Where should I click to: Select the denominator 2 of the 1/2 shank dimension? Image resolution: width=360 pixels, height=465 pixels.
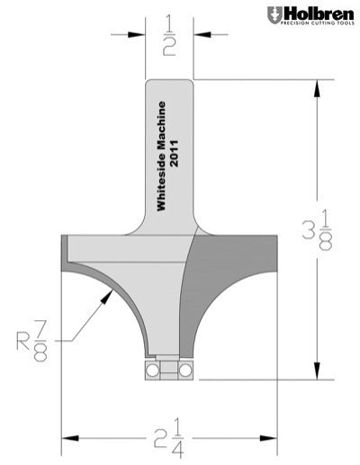point(169,49)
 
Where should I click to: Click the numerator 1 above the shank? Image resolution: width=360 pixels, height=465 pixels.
point(169,20)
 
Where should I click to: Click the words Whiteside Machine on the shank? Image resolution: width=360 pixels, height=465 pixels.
point(163,156)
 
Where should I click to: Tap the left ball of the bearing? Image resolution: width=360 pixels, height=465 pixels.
point(148,370)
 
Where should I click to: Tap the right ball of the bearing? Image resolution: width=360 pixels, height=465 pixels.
point(184,370)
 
